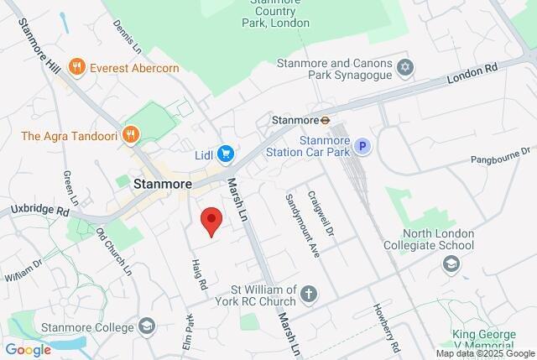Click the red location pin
tap(211, 222)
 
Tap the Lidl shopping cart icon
tap(225, 154)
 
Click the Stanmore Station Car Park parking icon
tap(362, 147)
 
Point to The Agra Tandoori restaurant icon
tap(130, 134)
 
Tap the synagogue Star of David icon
tap(406, 66)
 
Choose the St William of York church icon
tap(310, 294)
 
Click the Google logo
tap(28, 350)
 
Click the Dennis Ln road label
tap(128, 29)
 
